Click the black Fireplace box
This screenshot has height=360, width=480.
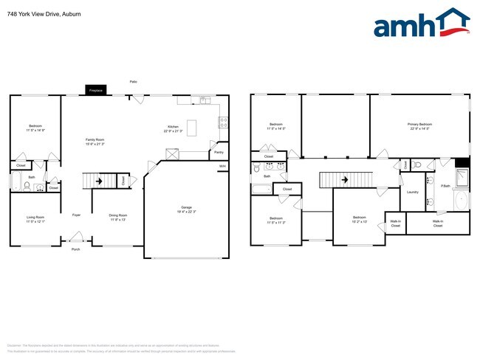(x=95, y=90)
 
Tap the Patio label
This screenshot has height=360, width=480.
(x=133, y=81)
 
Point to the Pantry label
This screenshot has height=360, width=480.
(x=219, y=153)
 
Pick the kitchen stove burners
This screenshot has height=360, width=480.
(x=222, y=122)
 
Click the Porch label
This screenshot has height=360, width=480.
(x=75, y=249)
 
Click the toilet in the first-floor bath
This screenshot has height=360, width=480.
(x=27, y=186)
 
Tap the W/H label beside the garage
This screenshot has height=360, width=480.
(x=222, y=166)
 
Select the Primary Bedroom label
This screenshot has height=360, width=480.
(x=419, y=124)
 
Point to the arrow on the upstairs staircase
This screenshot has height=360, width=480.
(x=344, y=179)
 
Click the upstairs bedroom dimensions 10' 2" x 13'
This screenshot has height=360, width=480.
(x=359, y=221)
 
